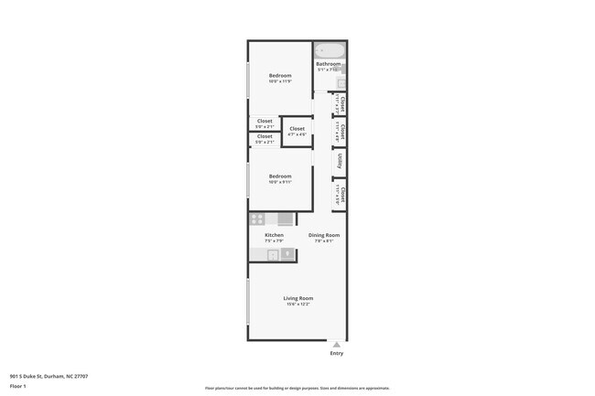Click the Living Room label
(297, 298)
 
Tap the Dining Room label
(323, 235)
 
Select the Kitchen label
(274, 235)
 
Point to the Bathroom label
(328, 64)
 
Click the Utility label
(339, 161)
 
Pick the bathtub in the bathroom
(329, 50)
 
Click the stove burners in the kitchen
(258, 219)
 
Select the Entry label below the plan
(337, 353)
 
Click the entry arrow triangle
(337, 345)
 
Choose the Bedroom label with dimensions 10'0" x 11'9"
(280, 75)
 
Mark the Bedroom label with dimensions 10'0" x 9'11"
(280, 176)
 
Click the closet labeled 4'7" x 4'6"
(297, 130)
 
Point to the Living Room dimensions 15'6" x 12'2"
(297, 305)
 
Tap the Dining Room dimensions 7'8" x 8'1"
(323, 241)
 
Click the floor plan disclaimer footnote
(297, 388)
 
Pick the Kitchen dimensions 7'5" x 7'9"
(274, 241)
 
